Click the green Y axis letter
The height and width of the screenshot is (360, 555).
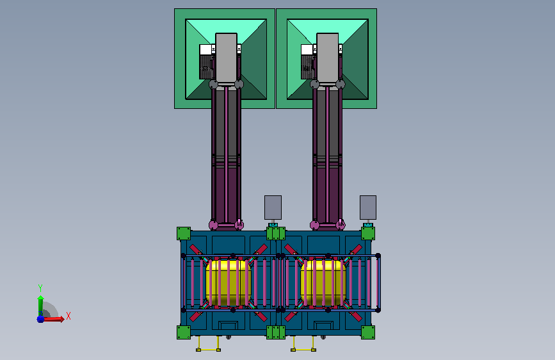[x=40, y=288]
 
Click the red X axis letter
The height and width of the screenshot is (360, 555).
[x=68, y=316]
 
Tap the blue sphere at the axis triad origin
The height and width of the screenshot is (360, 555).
[x=40, y=319]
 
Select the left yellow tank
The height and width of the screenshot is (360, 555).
[x=229, y=282]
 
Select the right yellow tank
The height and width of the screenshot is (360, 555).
[x=323, y=282]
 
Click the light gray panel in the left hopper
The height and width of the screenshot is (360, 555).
[x=226, y=59]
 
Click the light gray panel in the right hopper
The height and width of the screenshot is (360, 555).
[x=327, y=59]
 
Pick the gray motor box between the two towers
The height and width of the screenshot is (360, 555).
[x=273, y=208]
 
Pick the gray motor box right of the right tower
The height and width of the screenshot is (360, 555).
[x=368, y=208]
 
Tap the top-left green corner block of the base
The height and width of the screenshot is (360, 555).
[x=184, y=234]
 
